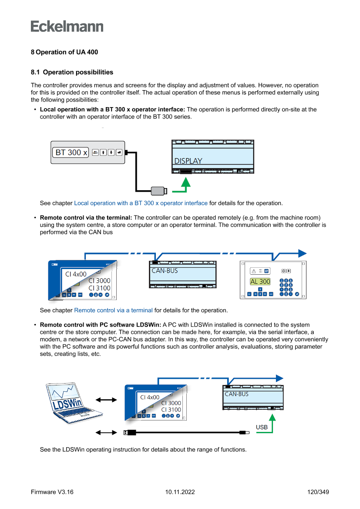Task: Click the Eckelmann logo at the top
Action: (67, 27)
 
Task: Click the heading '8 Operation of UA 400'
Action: (64, 52)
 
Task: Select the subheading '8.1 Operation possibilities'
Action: (72, 72)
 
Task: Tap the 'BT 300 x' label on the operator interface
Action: (71, 152)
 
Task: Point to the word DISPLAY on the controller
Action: (188, 161)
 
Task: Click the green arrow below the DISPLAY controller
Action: (186, 185)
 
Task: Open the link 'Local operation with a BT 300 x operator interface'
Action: (141, 203)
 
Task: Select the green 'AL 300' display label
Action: (260, 282)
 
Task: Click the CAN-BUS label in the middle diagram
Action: (165, 271)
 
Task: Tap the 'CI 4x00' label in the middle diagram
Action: (76, 274)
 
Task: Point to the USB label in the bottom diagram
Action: (262, 427)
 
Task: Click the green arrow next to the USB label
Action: (273, 422)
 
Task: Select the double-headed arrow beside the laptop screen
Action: (106, 400)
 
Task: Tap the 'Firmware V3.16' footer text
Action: (52, 492)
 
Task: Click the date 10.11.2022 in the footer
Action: (180, 492)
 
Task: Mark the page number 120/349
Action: (318, 492)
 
